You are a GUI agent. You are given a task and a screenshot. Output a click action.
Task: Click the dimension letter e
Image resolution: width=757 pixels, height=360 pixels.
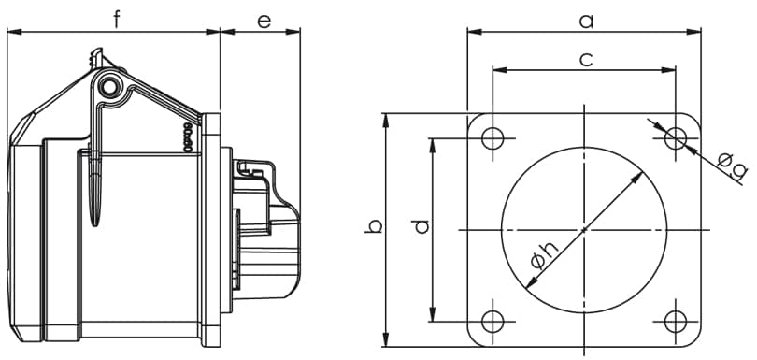[x=264, y=22]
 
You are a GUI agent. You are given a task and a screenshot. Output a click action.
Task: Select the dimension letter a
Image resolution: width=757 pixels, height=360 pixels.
[x=586, y=22]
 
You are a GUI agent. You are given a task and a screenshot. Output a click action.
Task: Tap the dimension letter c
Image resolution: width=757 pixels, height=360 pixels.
[x=586, y=60]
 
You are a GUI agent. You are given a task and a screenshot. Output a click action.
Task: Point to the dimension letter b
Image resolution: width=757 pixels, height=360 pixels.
[x=373, y=226]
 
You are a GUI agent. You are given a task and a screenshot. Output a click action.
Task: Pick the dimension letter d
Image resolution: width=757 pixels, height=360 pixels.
[x=421, y=226]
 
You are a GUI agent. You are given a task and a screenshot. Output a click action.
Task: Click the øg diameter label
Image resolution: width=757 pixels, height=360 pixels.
[x=733, y=166]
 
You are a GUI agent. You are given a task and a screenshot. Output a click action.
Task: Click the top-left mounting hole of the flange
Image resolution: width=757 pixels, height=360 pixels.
[x=493, y=138]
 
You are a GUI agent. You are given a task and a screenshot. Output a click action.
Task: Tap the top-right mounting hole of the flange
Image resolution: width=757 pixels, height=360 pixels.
[x=676, y=138]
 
